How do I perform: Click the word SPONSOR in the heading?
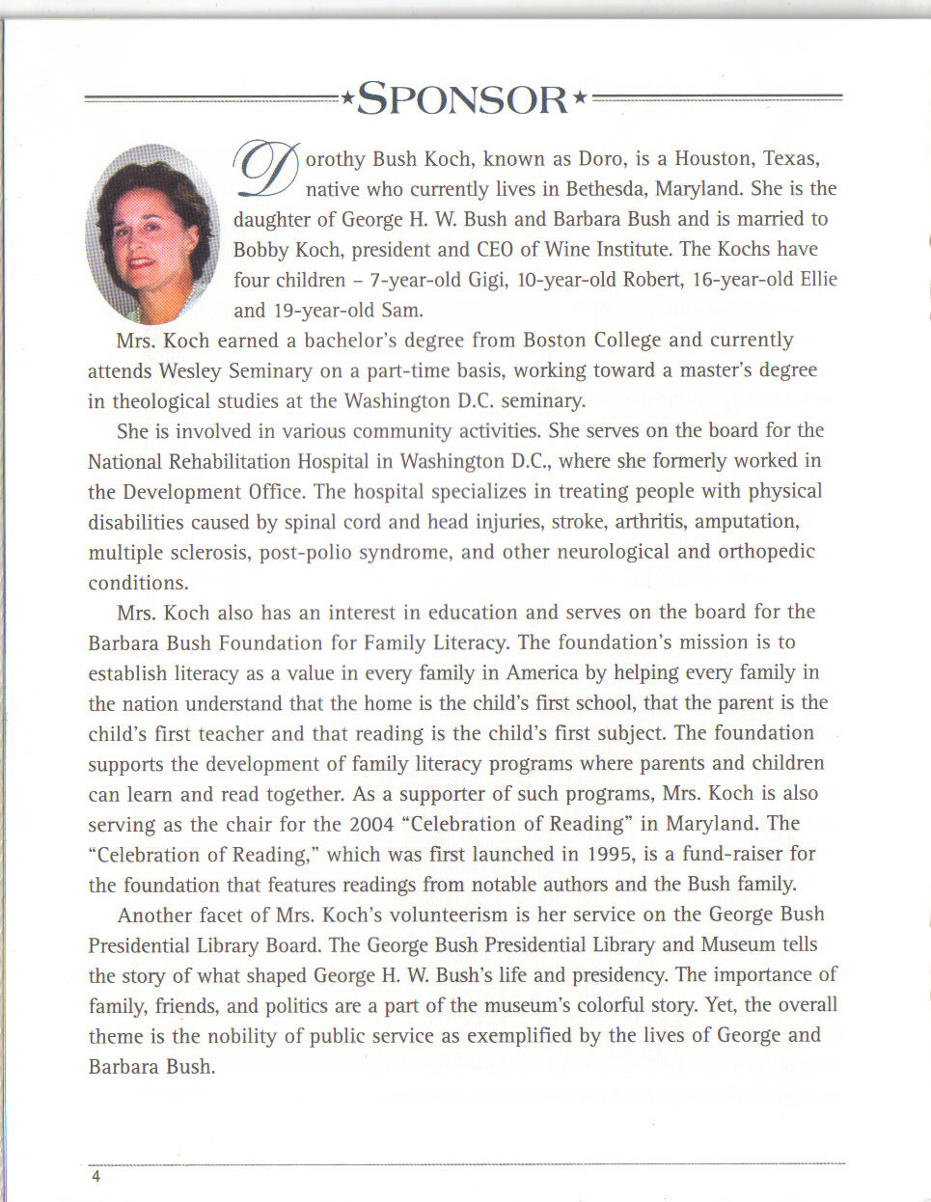pos(462,100)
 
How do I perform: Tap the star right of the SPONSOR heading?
pos(580,96)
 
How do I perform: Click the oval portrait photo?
pos(151,233)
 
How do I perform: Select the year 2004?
pos(370,824)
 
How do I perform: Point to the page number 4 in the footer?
pos(96,1177)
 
